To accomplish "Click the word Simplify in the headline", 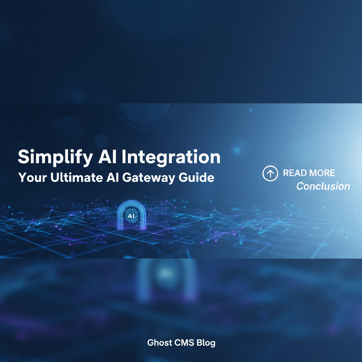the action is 56,157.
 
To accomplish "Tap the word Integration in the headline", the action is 173,157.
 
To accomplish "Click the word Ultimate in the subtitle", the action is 77,177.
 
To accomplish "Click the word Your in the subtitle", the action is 33,177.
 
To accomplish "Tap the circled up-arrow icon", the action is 270,173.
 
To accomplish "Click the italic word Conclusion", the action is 323,186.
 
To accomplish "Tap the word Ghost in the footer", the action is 160,343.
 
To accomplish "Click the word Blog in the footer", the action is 206,343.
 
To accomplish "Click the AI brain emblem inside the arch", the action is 132,216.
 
